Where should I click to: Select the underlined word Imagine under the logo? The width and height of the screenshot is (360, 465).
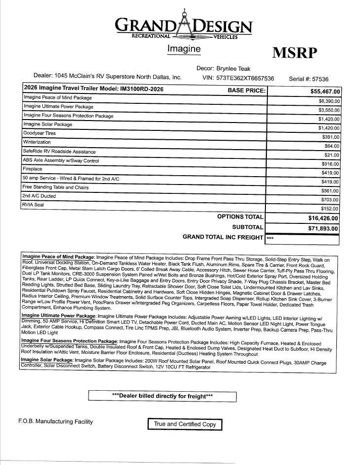point(184,49)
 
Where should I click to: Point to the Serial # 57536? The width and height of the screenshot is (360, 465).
point(309,79)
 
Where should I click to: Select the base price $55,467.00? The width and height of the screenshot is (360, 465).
point(325,92)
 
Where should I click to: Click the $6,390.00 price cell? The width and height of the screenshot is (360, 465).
point(328,101)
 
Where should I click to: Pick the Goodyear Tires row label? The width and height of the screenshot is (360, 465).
point(39,133)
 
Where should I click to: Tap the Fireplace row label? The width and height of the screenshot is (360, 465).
point(33,169)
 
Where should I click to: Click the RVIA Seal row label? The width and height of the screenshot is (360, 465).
point(33,205)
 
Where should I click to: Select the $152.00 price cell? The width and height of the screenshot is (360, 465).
point(330,209)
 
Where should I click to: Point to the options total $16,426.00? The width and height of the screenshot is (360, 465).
point(323,218)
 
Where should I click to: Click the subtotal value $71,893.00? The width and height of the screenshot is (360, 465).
point(323,228)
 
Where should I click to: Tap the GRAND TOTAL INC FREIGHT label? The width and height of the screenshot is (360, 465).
point(223,237)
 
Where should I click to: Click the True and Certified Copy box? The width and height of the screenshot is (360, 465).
point(185,424)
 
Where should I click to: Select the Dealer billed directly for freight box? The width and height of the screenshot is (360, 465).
point(163,396)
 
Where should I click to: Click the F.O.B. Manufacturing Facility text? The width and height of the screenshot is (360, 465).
point(55,422)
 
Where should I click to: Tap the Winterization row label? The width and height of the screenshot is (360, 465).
point(37,142)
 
